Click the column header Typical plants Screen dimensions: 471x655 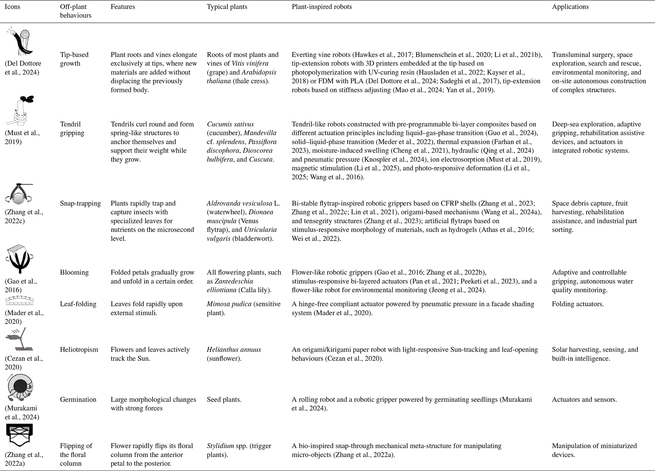(227, 7)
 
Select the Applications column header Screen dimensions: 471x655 (570, 7)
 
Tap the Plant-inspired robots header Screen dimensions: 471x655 (321, 7)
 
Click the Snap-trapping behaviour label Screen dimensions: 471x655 (80, 203)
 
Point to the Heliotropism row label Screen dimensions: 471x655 (79, 350)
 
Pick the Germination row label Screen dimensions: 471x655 (78, 399)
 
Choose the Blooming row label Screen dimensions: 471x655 (74, 272)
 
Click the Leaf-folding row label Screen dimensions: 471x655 (78, 304)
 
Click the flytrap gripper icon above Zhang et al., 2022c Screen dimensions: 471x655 (19, 194)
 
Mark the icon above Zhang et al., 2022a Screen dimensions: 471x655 (19, 435)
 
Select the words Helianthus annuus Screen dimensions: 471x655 (234, 350)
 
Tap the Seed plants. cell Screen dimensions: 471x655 (224, 399)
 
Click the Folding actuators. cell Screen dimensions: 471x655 (578, 304)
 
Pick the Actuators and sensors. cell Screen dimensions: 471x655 (584, 399)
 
